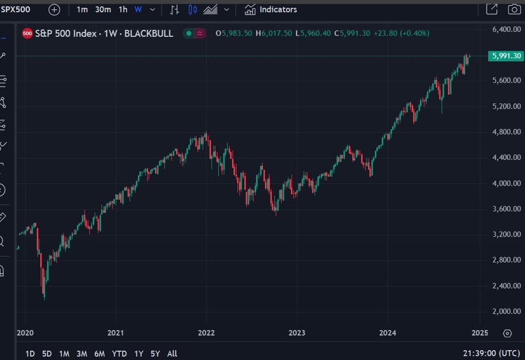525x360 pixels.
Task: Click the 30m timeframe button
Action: click(103, 9)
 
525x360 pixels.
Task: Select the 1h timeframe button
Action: click(123, 9)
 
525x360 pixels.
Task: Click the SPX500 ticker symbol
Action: click(15, 9)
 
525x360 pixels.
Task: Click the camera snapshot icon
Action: click(514, 9)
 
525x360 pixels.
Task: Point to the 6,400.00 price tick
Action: click(505, 29)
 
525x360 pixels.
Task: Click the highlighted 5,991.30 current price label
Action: click(505, 56)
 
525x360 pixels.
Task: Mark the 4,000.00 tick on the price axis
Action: click(505, 183)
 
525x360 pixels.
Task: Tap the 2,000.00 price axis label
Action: click(505, 312)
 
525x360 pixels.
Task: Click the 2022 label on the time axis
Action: click(206, 333)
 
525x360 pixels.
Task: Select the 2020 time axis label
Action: click(26, 333)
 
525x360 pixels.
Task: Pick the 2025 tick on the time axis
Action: click(479, 333)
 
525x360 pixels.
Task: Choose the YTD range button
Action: click(120, 354)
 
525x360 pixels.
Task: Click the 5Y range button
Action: click(155, 354)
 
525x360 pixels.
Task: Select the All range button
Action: click(172, 354)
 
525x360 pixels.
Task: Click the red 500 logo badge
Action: click(27, 34)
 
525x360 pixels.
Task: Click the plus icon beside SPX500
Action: click(54, 9)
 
